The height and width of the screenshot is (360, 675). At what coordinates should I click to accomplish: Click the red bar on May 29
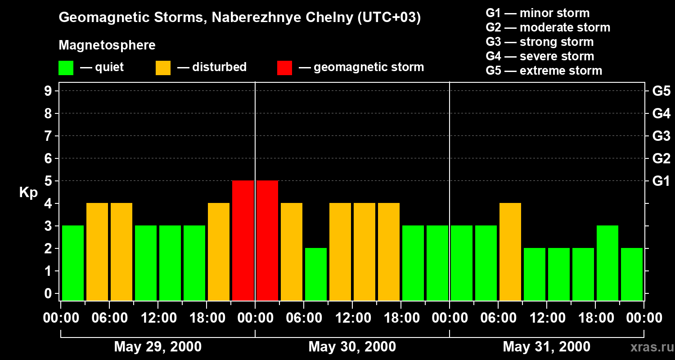click(243, 240)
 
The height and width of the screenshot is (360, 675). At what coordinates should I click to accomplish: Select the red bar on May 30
click(267, 240)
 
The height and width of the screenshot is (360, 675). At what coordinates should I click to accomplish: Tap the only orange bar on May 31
click(510, 252)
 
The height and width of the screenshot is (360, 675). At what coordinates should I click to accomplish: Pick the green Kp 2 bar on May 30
click(316, 274)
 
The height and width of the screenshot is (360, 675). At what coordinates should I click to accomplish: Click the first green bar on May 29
click(73, 263)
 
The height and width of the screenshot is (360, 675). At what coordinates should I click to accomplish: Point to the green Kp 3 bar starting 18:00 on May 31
click(607, 263)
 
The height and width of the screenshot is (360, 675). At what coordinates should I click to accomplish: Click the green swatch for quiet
click(66, 67)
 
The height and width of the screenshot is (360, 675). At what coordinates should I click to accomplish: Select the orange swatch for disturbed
click(163, 67)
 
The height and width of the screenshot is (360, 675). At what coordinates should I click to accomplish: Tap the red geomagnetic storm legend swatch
click(285, 67)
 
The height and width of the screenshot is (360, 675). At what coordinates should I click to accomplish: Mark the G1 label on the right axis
click(661, 181)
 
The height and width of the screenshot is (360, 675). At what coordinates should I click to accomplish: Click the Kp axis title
click(28, 193)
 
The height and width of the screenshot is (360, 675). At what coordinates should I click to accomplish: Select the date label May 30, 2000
click(352, 346)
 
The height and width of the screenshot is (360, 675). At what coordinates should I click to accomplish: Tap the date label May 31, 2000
click(546, 346)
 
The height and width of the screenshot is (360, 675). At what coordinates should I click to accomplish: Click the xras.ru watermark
click(649, 347)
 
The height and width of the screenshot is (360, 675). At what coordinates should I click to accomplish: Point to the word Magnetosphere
click(107, 45)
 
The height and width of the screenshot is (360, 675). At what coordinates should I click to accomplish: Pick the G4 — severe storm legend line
click(540, 56)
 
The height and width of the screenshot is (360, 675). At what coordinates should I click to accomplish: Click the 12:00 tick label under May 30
click(352, 318)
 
